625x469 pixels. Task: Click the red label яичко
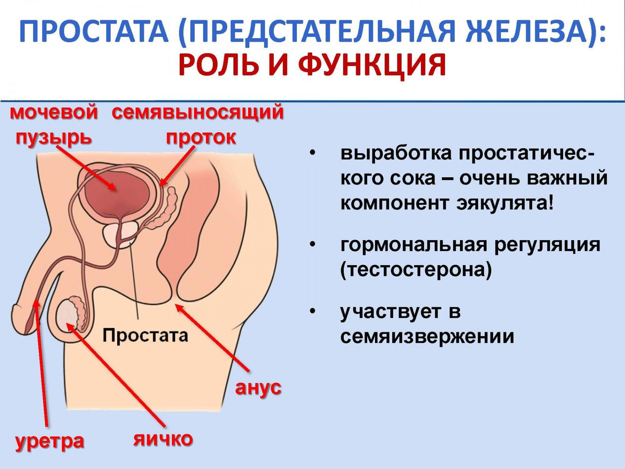point(162,438)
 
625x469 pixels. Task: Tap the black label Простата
point(145,335)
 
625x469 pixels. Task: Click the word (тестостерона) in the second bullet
point(416,271)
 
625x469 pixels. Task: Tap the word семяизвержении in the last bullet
point(427,337)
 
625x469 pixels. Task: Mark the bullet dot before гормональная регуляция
point(312,245)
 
